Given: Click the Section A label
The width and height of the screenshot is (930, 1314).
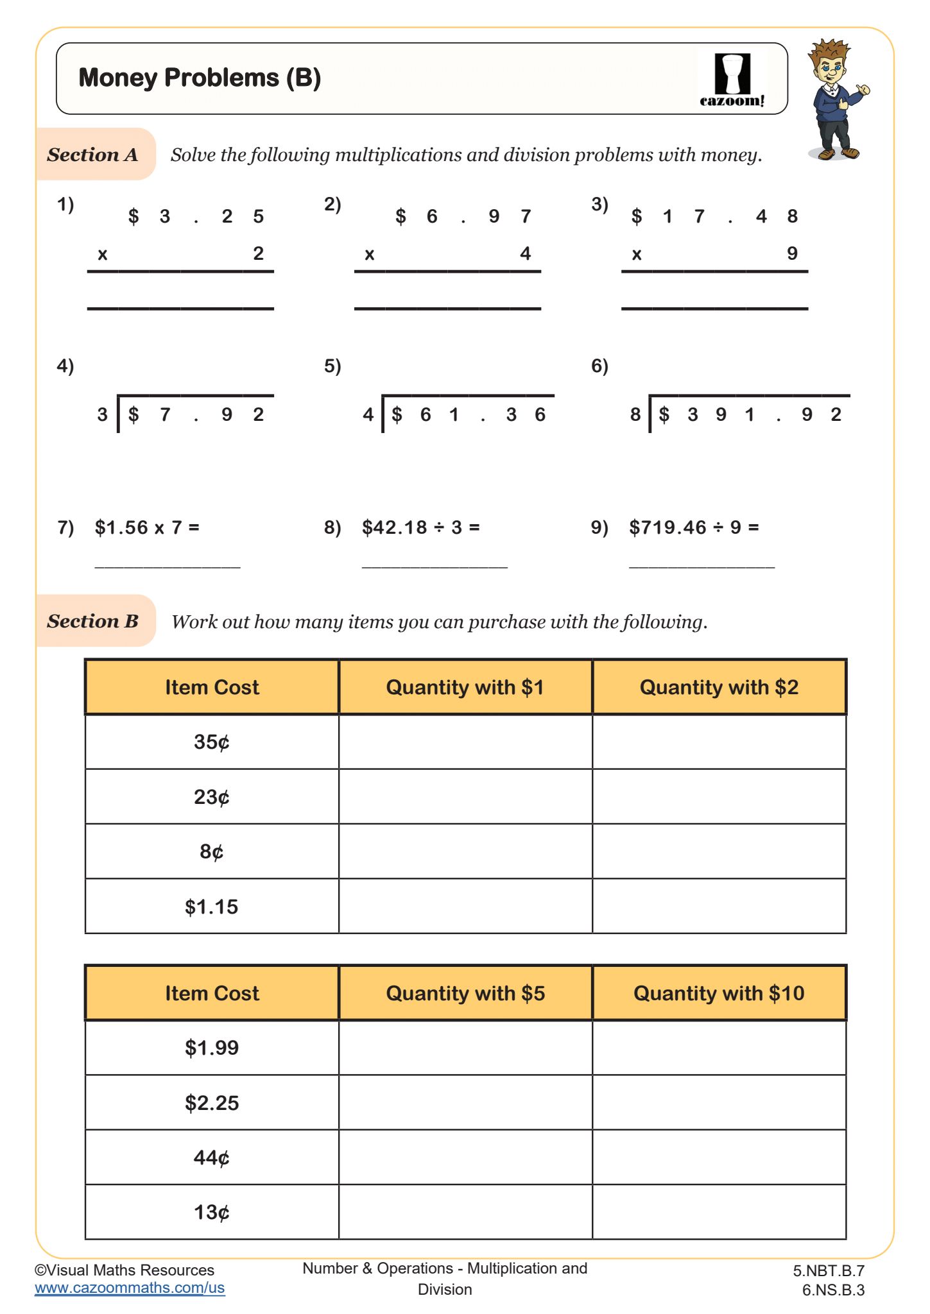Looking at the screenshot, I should [93, 155].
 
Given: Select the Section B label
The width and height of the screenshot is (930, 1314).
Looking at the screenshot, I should [93, 621].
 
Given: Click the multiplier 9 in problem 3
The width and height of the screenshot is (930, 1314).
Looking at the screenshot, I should [793, 253].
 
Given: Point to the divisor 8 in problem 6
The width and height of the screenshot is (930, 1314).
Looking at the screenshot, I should [635, 415].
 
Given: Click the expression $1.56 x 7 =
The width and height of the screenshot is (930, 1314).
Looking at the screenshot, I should [147, 527].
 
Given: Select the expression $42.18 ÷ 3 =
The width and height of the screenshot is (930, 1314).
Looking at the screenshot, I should [420, 527].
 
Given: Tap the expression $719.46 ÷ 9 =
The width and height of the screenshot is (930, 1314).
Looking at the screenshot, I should [694, 527].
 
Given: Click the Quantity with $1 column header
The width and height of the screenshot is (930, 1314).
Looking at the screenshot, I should [465, 687].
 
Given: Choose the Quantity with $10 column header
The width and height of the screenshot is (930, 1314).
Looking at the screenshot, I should [719, 993].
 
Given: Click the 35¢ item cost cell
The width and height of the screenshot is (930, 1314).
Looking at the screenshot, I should [212, 742].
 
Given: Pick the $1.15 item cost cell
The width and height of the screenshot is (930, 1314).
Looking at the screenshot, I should [212, 907].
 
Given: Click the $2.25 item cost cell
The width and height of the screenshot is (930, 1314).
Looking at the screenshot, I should [212, 1103].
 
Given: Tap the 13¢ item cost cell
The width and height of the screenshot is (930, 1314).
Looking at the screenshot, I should [212, 1212].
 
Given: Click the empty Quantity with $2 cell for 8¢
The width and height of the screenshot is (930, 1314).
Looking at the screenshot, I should [719, 851].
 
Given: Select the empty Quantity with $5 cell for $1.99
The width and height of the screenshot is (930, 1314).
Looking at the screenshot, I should [465, 1048].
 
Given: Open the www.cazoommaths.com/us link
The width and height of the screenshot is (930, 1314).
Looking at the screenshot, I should [130, 1288].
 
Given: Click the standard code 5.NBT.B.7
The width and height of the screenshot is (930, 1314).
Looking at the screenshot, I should [829, 1271].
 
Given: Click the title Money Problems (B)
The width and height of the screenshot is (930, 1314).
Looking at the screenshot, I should [200, 78].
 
